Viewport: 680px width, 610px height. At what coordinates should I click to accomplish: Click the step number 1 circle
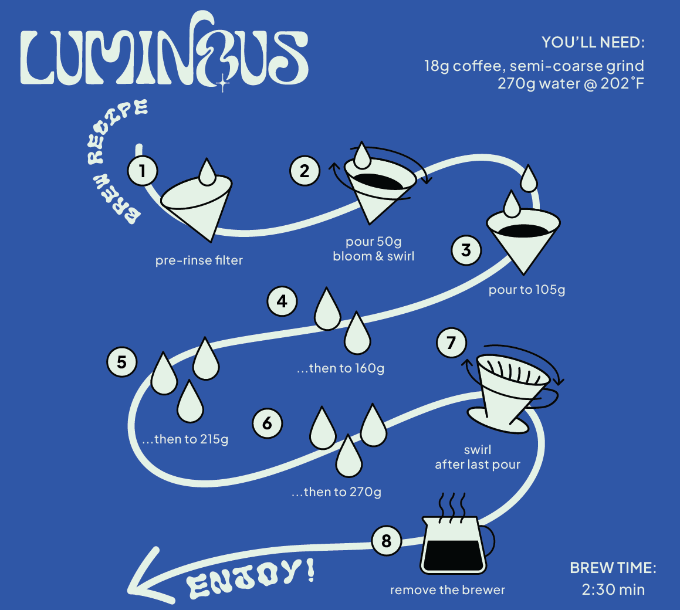[143, 171]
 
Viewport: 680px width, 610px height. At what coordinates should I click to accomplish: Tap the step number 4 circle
[282, 301]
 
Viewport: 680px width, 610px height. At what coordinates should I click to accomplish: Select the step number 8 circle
[386, 540]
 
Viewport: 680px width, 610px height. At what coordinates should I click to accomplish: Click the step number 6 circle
[268, 423]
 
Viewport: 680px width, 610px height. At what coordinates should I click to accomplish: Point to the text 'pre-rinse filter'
[199, 260]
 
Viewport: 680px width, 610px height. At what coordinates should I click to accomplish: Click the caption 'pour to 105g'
[527, 290]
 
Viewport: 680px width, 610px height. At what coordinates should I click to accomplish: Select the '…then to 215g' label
[185, 439]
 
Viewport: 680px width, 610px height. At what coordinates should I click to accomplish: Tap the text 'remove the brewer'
[448, 589]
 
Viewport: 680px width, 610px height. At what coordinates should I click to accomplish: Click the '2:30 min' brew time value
[613, 589]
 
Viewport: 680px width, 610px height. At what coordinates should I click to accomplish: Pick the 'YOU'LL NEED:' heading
[593, 43]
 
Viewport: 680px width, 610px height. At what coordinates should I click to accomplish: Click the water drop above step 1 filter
[207, 172]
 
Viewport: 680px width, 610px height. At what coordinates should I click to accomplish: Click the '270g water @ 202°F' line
[570, 83]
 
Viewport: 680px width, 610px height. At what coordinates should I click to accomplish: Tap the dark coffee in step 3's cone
[523, 230]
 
